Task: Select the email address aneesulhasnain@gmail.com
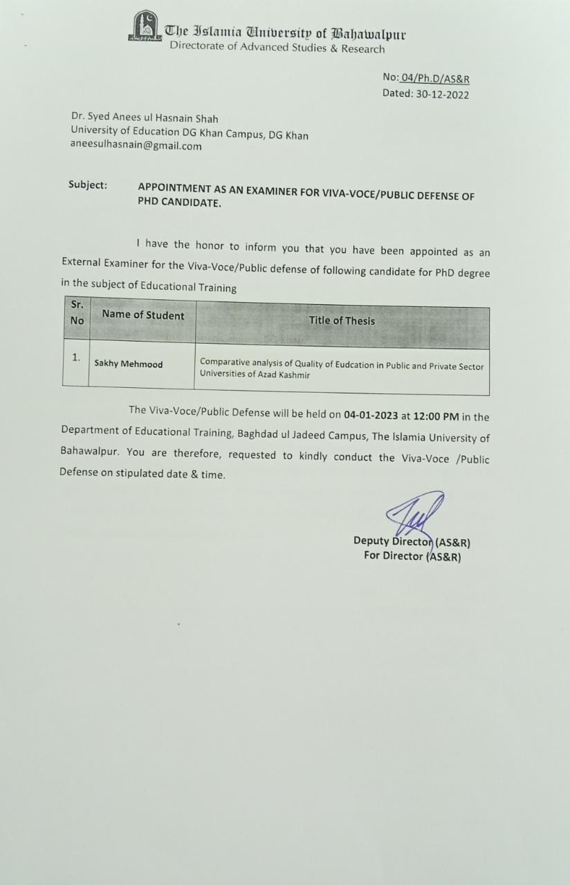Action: click(136, 146)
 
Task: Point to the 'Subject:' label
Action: click(88, 185)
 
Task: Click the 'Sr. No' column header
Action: click(77, 312)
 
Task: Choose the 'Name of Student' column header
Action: click(142, 315)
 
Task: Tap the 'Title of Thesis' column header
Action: click(342, 320)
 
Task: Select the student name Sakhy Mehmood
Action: click(129, 364)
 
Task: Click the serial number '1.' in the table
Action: click(76, 357)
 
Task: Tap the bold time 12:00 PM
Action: click(436, 417)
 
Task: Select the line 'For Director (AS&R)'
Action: click(412, 556)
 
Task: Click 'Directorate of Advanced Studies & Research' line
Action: click(277, 48)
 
